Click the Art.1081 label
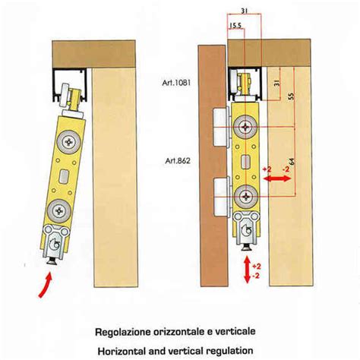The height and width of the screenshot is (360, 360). (176, 83)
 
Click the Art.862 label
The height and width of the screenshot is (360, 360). (178, 161)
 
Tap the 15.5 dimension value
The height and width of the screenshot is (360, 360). (235, 25)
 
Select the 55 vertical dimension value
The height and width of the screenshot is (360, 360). (292, 96)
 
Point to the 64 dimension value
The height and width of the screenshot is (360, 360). (292, 162)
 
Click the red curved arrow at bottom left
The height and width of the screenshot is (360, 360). (46, 284)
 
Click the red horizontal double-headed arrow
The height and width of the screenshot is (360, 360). (277, 178)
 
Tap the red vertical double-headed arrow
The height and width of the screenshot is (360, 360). (247, 270)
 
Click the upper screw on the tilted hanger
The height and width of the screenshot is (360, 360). (69, 142)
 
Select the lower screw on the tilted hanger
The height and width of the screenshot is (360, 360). (59, 210)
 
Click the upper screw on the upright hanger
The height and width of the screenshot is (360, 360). (245, 127)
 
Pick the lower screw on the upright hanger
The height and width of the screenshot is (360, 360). (245, 197)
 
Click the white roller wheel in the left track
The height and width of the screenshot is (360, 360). (65, 96)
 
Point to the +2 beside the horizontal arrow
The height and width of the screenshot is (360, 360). (267, 169)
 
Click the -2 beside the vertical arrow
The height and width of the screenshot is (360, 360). (256, 276)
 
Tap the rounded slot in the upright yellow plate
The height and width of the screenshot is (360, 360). (245, 162)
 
